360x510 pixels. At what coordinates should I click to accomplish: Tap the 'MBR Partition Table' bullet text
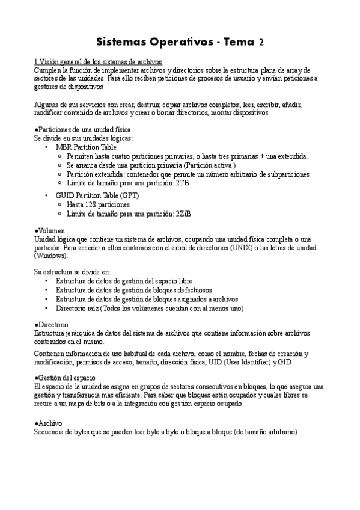tap(86, 147)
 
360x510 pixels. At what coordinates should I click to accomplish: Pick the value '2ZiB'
tap(183, 214)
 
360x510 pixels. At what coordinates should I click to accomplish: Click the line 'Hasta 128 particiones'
tap(98, 205)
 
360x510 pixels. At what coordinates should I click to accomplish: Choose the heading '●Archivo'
tap(48, 424)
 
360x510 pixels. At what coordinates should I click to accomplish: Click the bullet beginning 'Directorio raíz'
tap(150, 308)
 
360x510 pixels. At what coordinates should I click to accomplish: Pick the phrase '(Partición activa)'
tap(209, 165)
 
